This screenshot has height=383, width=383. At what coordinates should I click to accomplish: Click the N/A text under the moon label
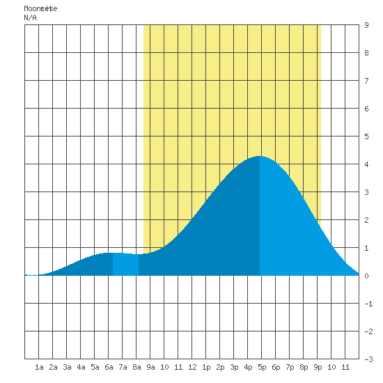click(30, 17)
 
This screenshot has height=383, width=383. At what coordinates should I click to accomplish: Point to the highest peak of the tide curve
click(260, 156)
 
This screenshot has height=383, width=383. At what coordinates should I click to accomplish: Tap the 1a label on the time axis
click(39, 367)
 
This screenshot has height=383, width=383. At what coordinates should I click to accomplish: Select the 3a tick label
click(67, 367)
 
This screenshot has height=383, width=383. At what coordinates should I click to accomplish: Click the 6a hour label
click(109, 367)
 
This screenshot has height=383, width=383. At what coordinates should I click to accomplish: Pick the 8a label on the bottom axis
click(136, 367)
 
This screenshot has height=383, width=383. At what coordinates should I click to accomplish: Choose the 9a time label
click(150, 367)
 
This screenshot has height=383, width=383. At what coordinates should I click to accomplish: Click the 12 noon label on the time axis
click(192, 367)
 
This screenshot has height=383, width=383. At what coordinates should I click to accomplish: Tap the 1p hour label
click(206, 367)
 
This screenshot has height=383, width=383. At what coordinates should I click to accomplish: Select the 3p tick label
click(234, 367)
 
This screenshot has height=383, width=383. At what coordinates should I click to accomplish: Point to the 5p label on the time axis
click(262, 367)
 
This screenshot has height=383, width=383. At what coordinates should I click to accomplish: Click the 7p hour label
click(290, 367)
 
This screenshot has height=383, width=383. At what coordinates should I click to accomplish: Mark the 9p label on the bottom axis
click(318, 367)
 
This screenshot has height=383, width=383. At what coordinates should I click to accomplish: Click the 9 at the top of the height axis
click(366, 25)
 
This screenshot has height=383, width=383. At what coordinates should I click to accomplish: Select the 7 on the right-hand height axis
click(366, 81)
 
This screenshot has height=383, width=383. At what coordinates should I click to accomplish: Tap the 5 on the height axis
click(366, 136)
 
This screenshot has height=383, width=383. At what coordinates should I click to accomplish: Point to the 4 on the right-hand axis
click(366, 164)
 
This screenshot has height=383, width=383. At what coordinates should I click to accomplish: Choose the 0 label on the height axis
click(366, 276)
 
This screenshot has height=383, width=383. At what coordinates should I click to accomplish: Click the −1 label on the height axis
click(368, 304)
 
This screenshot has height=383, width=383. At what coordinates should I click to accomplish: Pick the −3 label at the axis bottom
click(368, 359)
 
